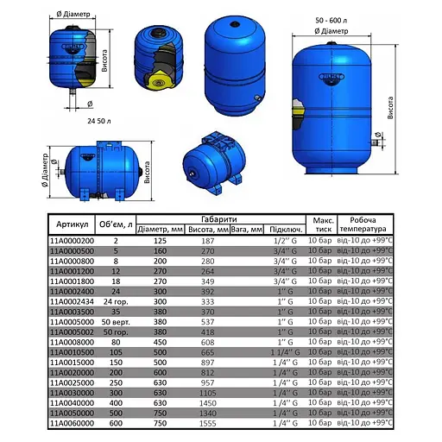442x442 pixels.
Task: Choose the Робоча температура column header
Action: [x=363, y=224]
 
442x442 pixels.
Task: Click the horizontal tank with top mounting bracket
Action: [x=212, y=162]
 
